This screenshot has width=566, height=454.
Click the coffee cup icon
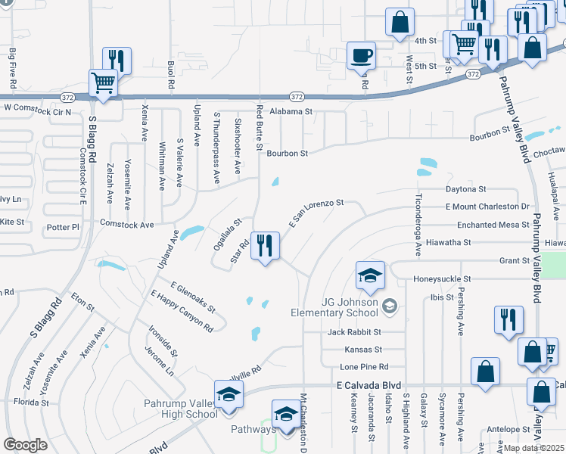[x=361, y=55]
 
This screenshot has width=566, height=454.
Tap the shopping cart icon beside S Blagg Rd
[x=102, y=82]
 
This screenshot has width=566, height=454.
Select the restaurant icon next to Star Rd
[x=265, y=246]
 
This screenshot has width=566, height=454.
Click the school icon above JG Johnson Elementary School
[x=370, y=275]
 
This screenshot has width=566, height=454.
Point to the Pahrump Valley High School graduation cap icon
[x=227, y=396]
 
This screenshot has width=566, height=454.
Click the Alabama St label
[x=289, y=111]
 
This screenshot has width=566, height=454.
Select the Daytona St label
[x=465, y=188]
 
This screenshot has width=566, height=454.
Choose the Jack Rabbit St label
[x=355, y=332]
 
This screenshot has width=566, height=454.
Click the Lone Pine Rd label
[x=359, y=367]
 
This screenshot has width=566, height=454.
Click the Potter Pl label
[x=63, y=227]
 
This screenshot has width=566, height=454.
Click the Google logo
[x=26, y=445]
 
